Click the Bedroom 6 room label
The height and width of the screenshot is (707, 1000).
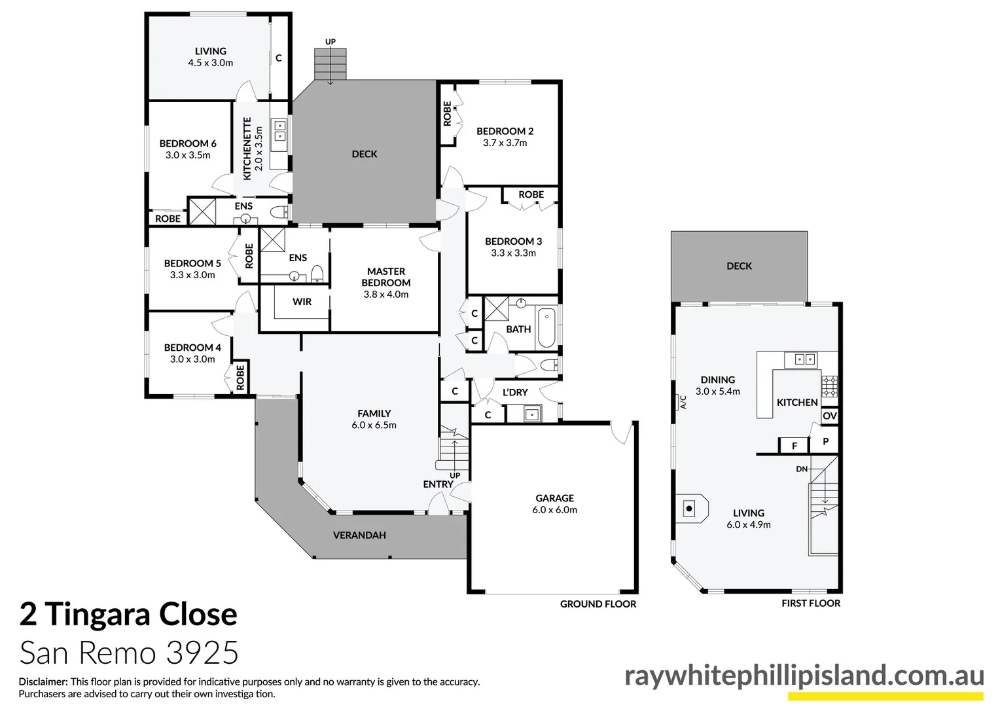[188, 143]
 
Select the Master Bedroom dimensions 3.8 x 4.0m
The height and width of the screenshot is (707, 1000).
[386, 295]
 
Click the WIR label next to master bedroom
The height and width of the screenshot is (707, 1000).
[302, 302]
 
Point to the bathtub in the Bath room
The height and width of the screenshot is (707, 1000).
[546, 329]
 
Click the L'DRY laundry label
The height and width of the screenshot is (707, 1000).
[515, 392]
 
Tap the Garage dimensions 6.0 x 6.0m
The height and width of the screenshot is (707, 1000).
[554, 510]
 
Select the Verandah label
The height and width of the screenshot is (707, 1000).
[359, 535]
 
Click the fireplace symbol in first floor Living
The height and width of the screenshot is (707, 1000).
[689, 508]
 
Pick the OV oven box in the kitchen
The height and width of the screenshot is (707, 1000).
[829, 416]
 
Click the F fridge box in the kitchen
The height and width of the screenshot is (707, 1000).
[794, 446]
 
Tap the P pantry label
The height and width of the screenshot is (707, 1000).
[825, 442]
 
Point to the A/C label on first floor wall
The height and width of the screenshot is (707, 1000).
[683, 401]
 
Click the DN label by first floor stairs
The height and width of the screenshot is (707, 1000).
[802, 469]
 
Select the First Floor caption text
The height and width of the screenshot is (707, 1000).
[810, 604]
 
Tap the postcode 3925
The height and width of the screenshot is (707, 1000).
[202, 653]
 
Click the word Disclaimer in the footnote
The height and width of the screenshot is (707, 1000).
[43, 681]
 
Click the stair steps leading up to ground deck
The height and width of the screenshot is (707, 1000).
[330, 63]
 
